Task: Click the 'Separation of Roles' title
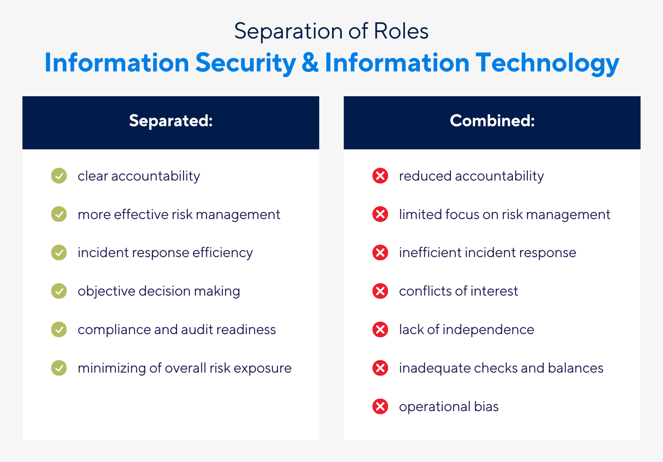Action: click(x=331, y=31)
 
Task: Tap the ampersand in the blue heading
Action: click(x=310, y=63)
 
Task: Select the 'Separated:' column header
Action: click(x=171, y=121)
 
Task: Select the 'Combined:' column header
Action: click(x=492, y=121)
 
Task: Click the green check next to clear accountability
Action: click(x=59, y=176)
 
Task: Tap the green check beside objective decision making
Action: click(x=59, y=291)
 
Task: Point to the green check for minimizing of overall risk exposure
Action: click(x=59, y=368)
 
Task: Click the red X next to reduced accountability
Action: click(x=380, y=176)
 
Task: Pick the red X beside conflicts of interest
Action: click(x=380, y=291)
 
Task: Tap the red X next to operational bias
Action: click(x=380, y=406)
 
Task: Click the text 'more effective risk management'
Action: click(x=179, y=214)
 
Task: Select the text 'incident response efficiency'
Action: click(x=165, y=253)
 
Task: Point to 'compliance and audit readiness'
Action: click(x=177, y=329)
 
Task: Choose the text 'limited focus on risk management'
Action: click(x=504, y=214)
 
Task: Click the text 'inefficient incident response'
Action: click(x=487, y=253)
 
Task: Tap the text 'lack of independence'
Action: click(x=466, y=329)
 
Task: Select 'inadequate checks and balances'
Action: click(x=501, y=368)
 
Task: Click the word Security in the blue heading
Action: click(x=246, y=63)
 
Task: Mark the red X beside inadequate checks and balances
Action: click(x=380, y=368)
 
